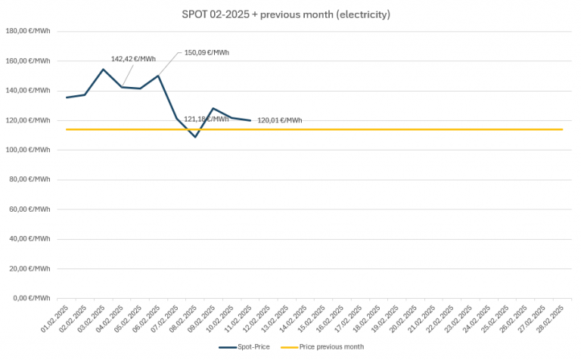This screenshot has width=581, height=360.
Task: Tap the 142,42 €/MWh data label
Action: [x=133, y=58]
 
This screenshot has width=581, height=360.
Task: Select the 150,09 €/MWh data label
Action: [x=207, y=53]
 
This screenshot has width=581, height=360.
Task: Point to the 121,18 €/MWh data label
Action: [x=206, y=119]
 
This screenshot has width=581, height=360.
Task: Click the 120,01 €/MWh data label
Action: [x=279, y=120]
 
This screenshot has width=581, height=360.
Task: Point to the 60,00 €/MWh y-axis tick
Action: [x=29, y=209]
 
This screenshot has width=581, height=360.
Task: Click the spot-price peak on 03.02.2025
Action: [x=104, y=70]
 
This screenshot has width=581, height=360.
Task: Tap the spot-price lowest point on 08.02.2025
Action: [x=195, y=137]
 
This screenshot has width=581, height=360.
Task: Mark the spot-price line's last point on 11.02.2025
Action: [x=250, y=120]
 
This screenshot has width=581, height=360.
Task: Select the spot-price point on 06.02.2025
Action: [x=159, y=76]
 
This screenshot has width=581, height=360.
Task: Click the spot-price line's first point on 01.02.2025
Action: [x=67, y=97]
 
